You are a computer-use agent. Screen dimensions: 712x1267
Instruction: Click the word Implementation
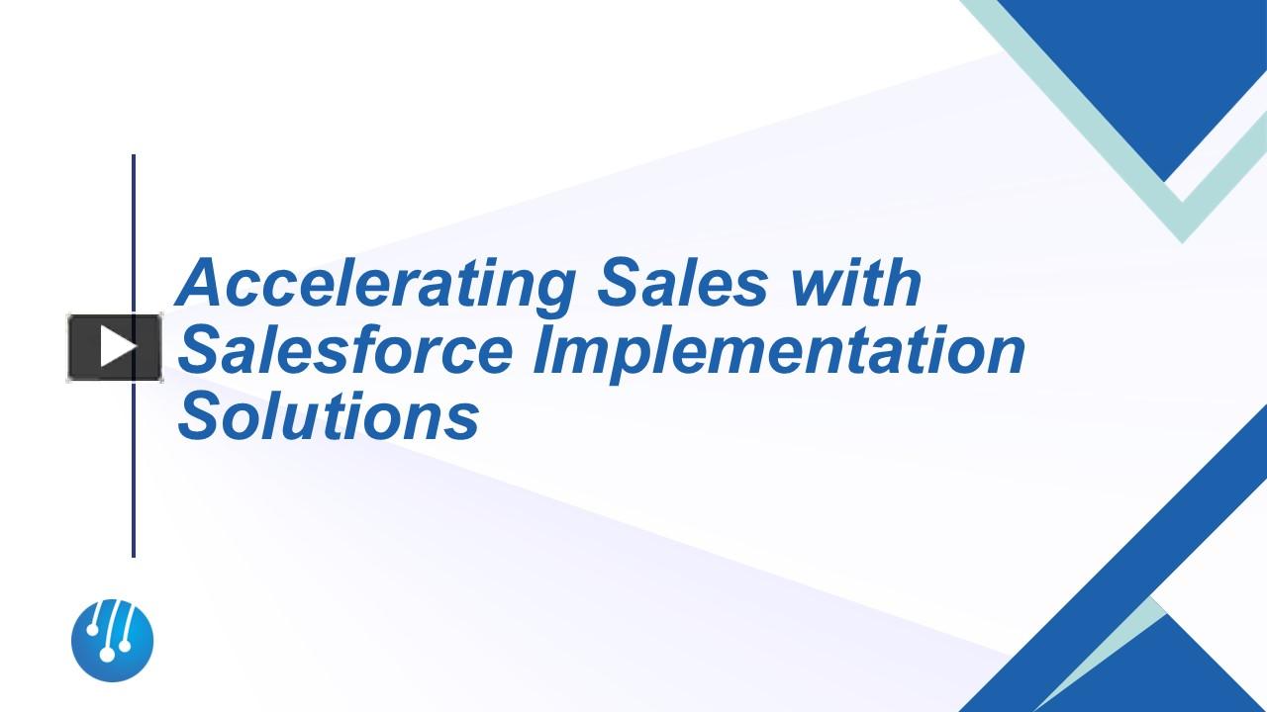click(779, 351)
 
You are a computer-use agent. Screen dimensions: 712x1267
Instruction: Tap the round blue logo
click(113, 640)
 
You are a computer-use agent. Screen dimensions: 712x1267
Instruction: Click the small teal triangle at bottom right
click(1138, 633)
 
